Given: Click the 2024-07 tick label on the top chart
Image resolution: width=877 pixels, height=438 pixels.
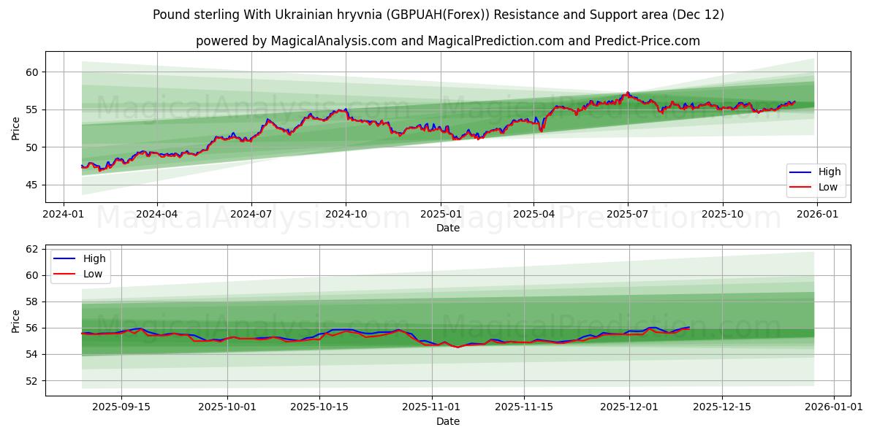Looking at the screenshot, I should tap(251, 215).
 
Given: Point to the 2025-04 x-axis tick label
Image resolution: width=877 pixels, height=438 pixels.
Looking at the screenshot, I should tap(534, 215).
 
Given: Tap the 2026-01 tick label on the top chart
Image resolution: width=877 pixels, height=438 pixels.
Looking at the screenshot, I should tap(816, 215).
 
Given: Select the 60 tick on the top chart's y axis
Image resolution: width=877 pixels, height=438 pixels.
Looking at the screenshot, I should tap(32, 72).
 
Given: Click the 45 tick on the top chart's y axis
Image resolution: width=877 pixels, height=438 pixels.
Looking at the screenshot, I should tap(32, 185).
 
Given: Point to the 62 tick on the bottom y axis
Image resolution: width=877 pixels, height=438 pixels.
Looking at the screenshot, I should tap(32, 249).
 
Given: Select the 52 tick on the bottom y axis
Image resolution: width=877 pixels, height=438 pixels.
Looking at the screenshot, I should tap(32, 380).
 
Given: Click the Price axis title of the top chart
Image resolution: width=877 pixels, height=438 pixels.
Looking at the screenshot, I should tap(16, 127).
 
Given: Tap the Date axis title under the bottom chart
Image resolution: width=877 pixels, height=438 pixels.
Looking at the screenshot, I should tap(448, 421).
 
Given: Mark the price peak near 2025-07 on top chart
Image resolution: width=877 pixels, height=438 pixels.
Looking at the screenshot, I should tap(627, 93).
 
